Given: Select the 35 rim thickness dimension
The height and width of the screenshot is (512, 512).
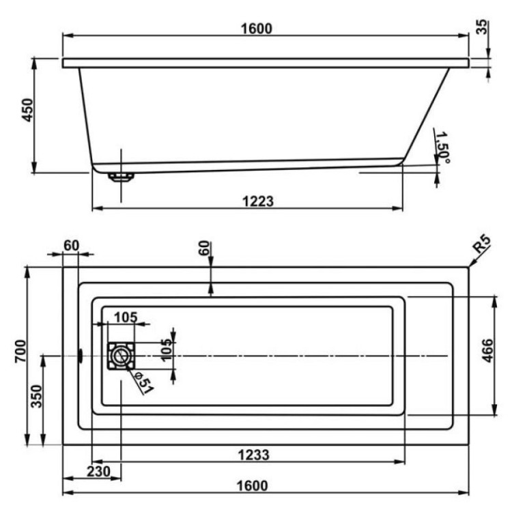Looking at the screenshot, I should [482, 28].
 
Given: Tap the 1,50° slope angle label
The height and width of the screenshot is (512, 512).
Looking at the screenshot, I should [442, 148].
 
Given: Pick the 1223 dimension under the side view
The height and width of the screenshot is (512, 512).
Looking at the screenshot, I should [258, 201].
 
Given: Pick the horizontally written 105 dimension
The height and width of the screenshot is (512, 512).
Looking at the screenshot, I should [126, 317].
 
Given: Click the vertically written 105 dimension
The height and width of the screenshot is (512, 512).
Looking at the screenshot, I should [166, 350].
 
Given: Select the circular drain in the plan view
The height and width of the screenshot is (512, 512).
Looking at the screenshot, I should [121, 355].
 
